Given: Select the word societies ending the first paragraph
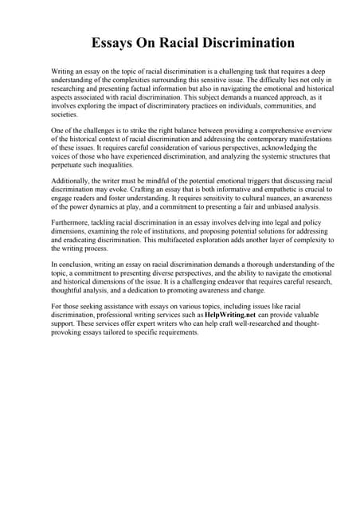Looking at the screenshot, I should (65, 115).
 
